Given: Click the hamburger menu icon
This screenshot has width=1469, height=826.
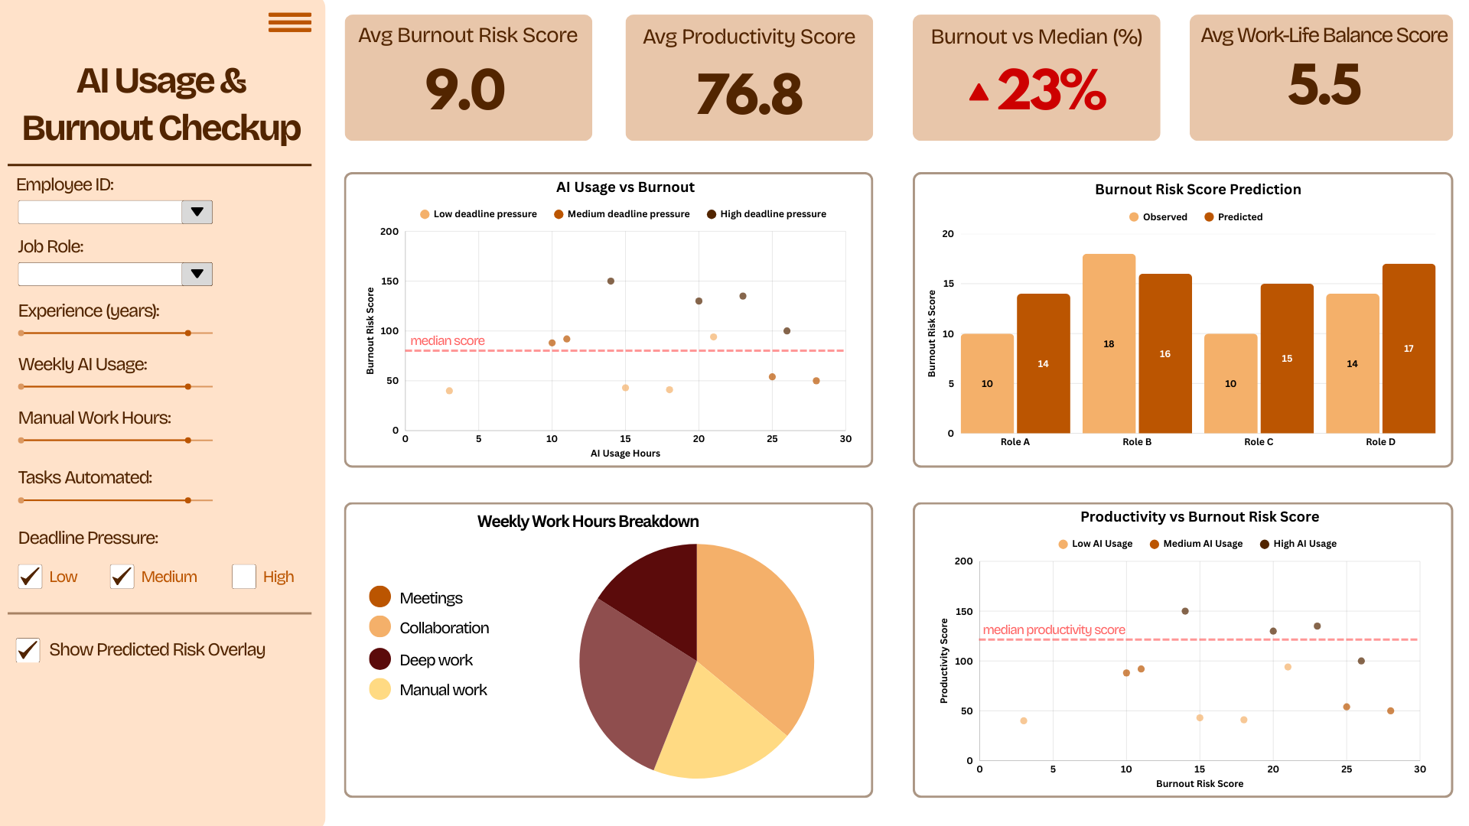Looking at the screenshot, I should (x=289, y=22).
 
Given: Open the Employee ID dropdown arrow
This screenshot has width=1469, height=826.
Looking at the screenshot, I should (x=197, y=212).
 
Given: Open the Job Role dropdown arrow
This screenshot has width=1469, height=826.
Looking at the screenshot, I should (x=197, y=274).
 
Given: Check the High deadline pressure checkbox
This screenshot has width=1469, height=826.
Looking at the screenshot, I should (x=244, y=577).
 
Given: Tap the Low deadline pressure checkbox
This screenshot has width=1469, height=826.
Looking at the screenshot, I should (x=31, y=577).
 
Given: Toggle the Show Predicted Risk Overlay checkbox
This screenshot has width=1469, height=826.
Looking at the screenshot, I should (x=28, y=650).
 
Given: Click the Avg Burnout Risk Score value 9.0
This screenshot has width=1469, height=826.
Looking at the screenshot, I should (x=465, y=89).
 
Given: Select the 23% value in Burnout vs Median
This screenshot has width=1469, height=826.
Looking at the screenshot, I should (x=1051, y=90).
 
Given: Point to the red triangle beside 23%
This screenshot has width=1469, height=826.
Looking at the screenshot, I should (x=979, y=93).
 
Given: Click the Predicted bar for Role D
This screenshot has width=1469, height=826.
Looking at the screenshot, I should (x=1408, y=348).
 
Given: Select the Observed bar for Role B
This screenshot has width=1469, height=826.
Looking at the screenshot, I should (x=1109, y=343).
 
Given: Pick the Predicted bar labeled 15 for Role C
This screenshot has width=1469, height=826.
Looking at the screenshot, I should (x=1286, y=358).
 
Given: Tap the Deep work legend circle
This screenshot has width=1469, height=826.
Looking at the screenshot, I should (x=380, y=659).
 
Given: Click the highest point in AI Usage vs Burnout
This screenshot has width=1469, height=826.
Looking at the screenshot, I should (x=611, y=281).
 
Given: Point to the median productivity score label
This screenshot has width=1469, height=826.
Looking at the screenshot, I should (x=1054, y=630).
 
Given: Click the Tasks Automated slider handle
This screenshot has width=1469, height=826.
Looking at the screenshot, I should (x=188, y=500).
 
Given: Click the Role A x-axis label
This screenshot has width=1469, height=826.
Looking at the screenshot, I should (x=1015, y=442).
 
